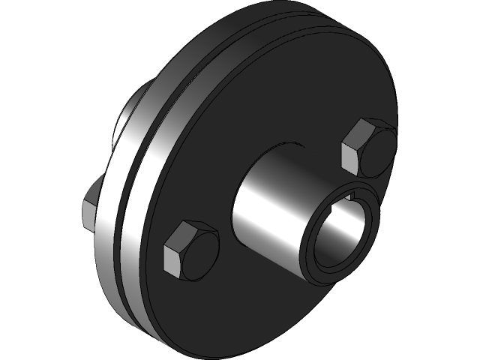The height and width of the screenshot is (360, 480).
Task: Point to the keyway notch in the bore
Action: coord(352,199)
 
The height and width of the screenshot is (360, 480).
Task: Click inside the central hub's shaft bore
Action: coord(341,236)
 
